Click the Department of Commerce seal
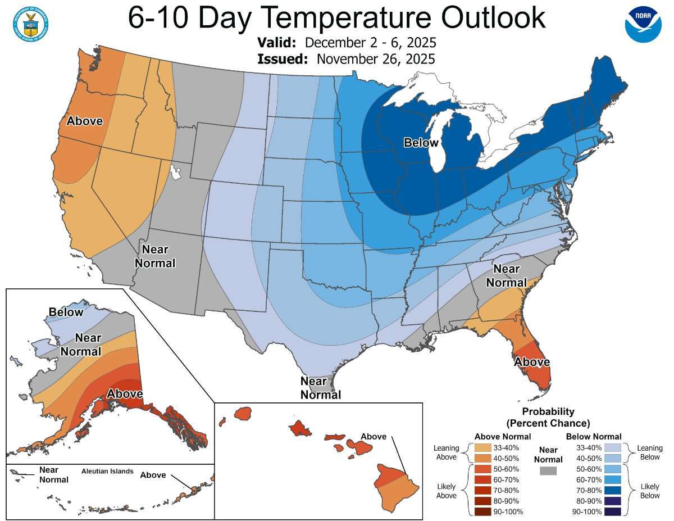coord(29,23)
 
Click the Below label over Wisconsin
coord(421,143)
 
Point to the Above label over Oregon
coord(84,121)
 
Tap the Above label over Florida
coord(531,362)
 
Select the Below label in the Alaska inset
coord(66,312)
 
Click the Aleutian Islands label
coord(107,471)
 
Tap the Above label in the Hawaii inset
coord(374,437)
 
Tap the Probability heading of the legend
coord(548,411)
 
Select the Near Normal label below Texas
coord(320,388)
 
